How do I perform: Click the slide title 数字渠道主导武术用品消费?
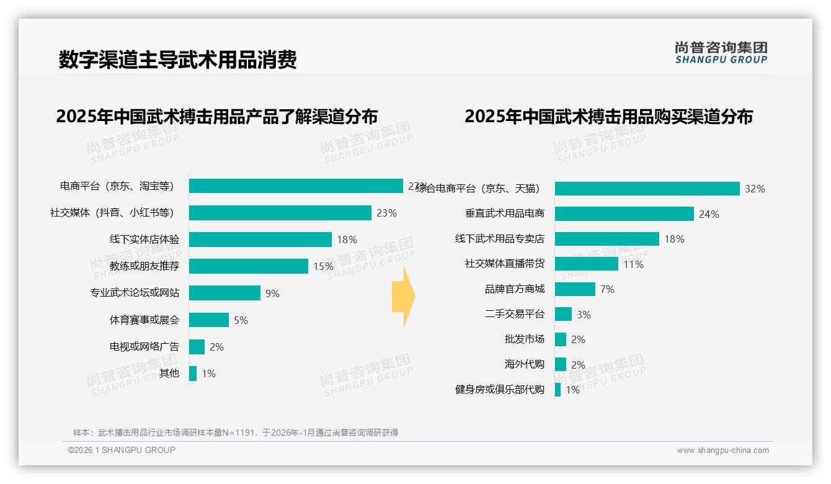177,59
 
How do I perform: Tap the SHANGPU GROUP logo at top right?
721,53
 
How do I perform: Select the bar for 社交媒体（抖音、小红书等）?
280,213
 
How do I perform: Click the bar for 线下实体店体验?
260,240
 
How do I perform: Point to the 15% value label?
323,266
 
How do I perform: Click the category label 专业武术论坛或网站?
134,293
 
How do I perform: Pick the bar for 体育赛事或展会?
209,320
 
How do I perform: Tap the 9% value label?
272,294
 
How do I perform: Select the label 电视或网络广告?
144,346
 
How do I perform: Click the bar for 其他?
193,373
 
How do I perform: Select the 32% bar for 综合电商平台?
647,189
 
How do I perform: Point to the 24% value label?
709,214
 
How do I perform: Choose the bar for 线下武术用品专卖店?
607,239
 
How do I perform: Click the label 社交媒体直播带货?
504,263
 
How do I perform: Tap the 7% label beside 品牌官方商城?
607,289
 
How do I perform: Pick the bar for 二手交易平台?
563,314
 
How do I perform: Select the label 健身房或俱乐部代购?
499,389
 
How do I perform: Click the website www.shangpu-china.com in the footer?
722,450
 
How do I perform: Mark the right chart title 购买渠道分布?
608,116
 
